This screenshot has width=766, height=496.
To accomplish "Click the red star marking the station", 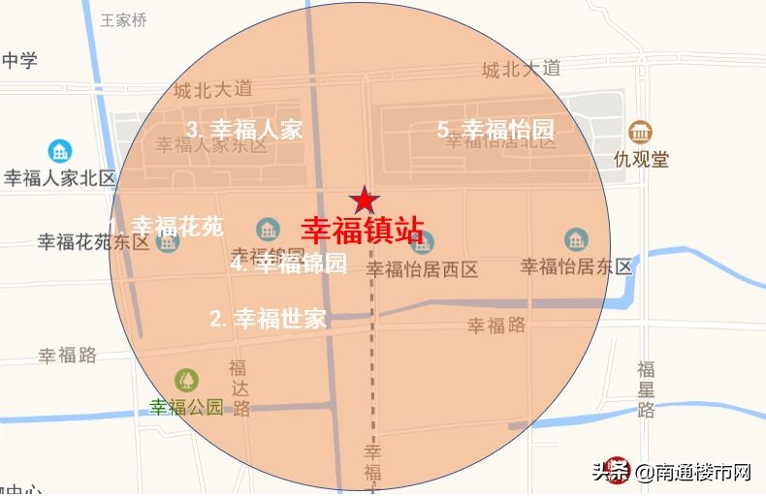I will (x=365, y=200).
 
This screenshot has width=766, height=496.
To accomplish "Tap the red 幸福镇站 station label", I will (x=363, y=232).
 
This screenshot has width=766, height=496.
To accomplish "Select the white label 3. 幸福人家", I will (x=245, y=129).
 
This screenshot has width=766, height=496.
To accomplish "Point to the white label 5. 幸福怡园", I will (x=495, y=129).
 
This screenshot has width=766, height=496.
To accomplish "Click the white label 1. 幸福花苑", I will (x=167, y=226).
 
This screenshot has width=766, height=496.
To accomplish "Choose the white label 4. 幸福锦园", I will (x=288, y=263).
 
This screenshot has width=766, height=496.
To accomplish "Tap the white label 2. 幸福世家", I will (x=269, y=318).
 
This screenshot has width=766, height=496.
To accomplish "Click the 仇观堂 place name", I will (x=641, y=159).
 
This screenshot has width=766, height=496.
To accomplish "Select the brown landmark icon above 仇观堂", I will (x=640, y=132).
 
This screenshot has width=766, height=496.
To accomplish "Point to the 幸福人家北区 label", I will (x=60, y=178).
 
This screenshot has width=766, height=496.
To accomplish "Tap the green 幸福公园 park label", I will (x=186, y=407).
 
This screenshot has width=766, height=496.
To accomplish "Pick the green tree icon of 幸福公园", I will (x=186, y=381).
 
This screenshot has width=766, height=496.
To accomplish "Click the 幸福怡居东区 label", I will (x=576, y=266).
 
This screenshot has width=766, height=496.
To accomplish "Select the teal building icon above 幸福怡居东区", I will (x=576, y=238).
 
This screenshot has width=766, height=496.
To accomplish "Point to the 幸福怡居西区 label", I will (x=423, y=269).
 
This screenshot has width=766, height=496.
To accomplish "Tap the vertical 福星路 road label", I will (x=646, y=389).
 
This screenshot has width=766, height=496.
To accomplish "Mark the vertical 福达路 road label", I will (x=239, y=387).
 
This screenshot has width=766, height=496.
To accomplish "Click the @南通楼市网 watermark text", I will (x=693, y=473).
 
